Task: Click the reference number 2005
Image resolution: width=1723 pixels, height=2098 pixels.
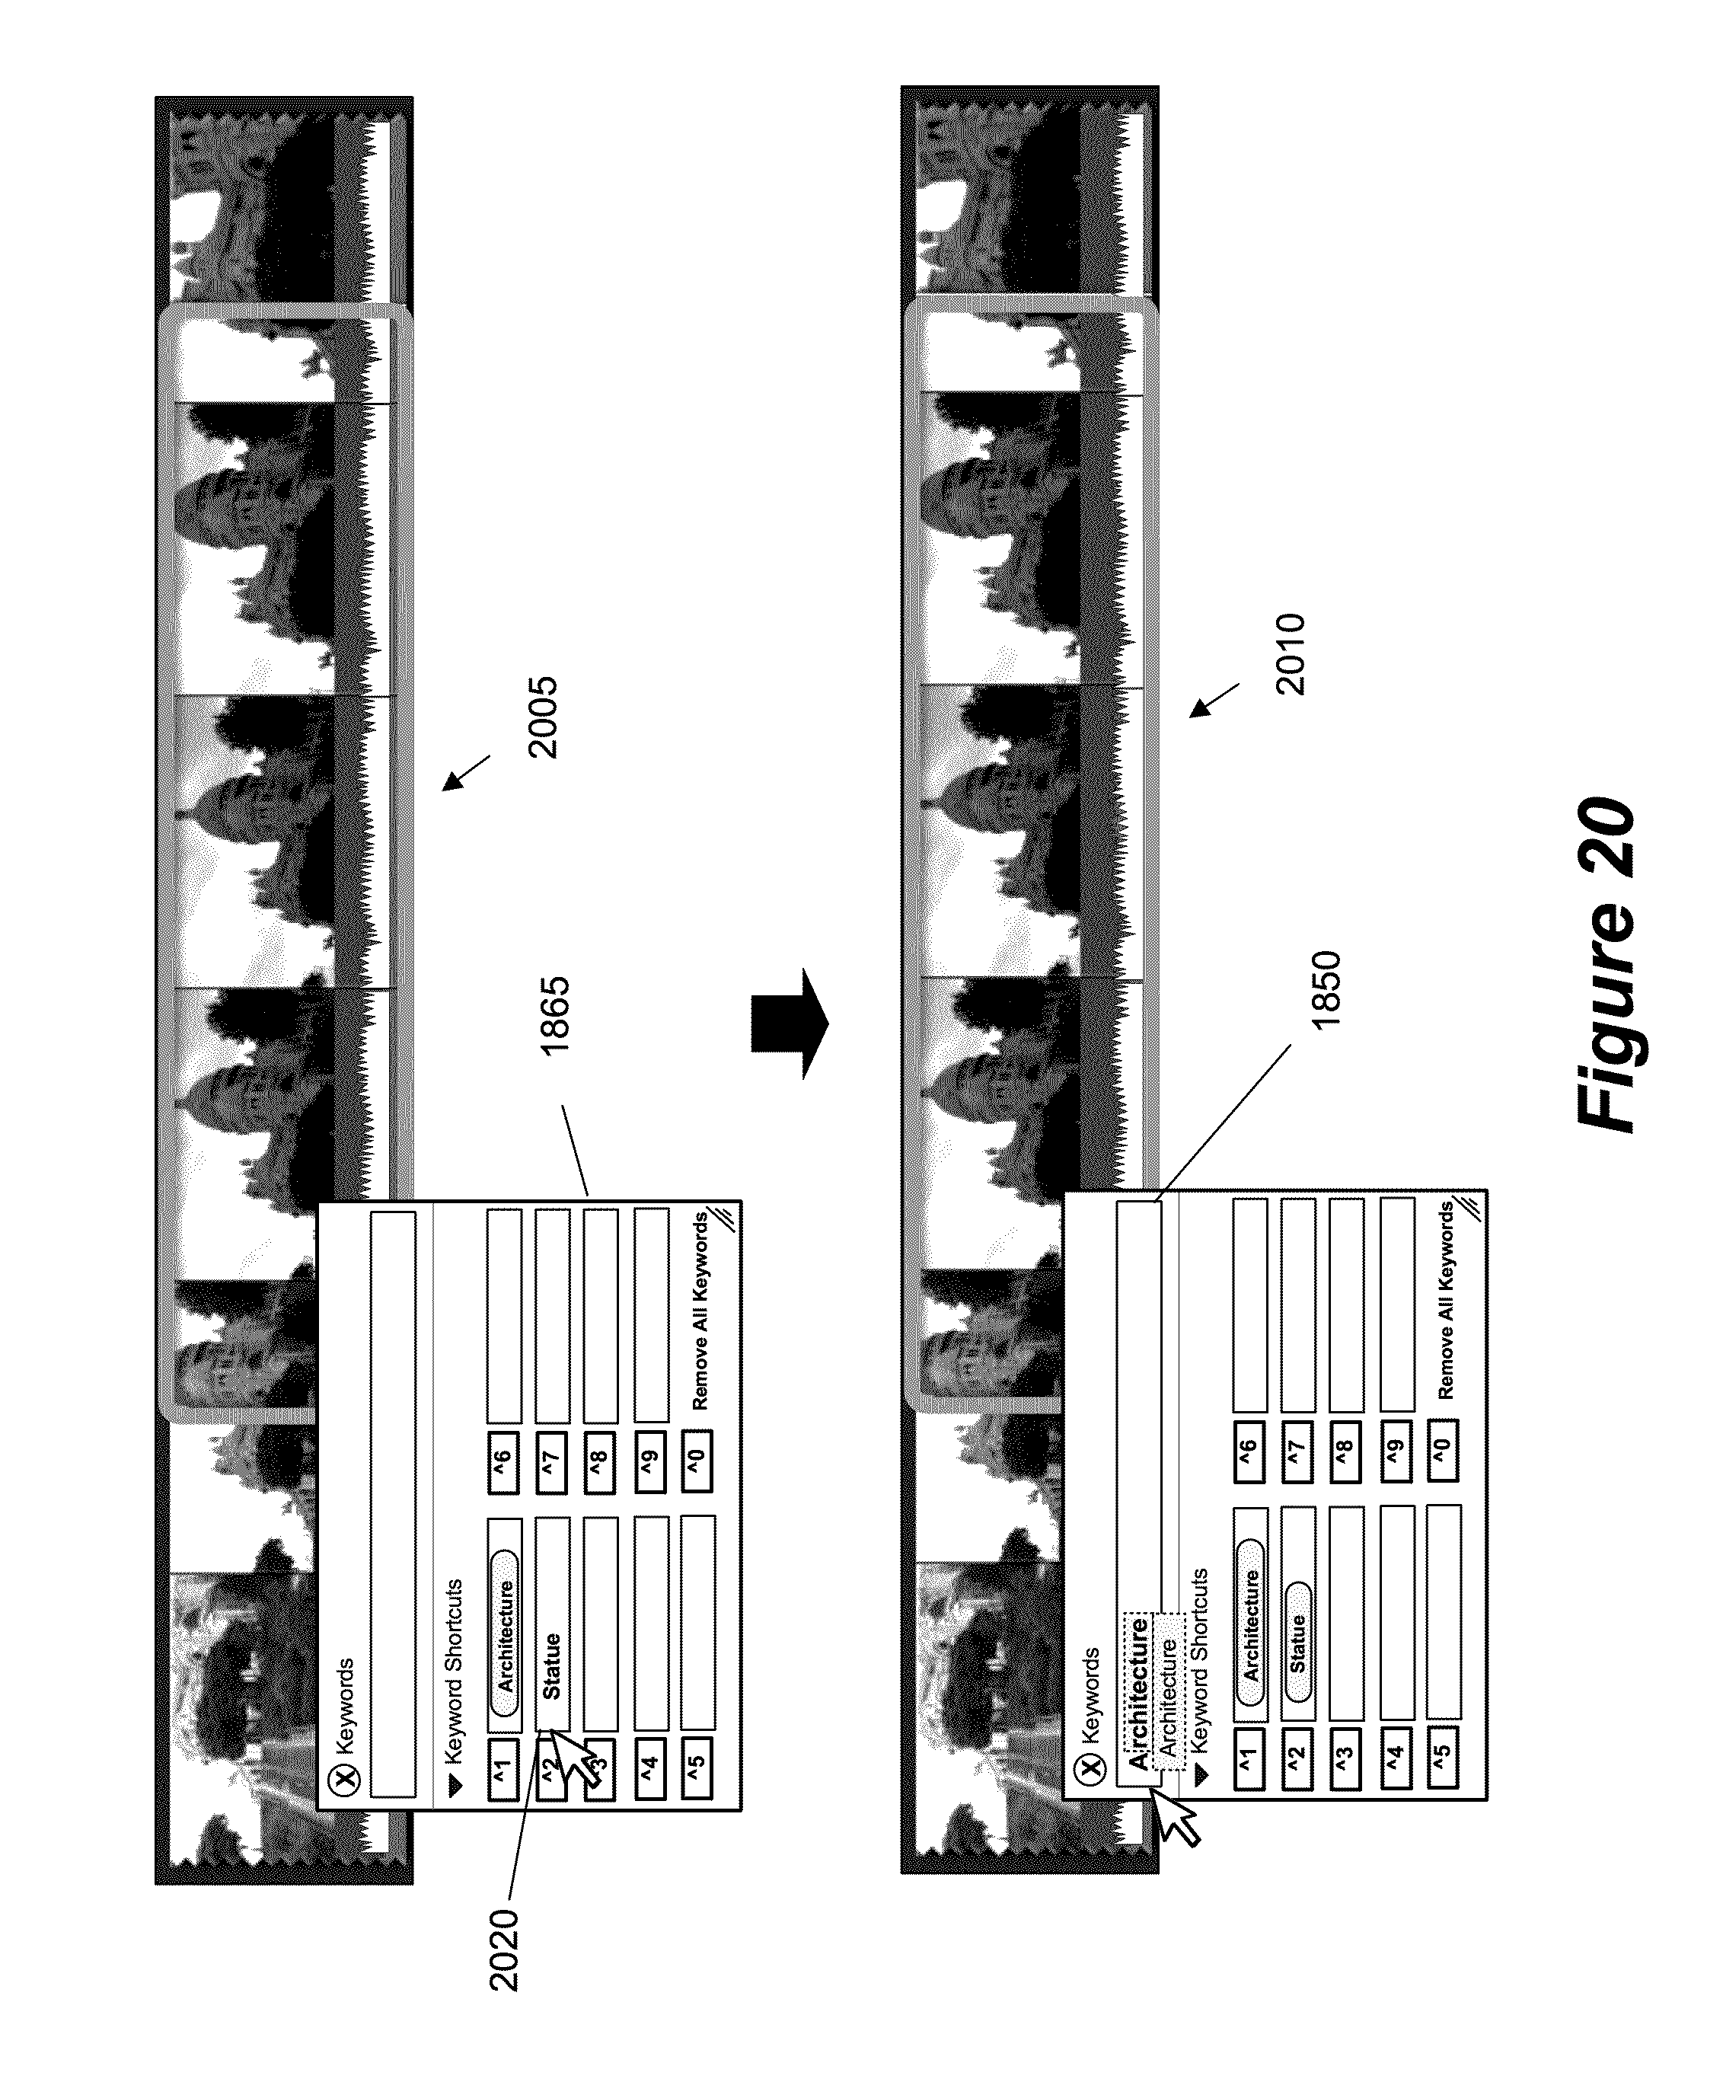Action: [x=543, y=717]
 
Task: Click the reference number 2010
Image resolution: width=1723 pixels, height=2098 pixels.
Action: [x=1291, y=654]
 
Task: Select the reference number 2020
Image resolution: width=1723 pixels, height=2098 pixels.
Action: [x=504, y=1948]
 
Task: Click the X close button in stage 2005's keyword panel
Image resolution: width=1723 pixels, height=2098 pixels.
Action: [x=346, y=1780]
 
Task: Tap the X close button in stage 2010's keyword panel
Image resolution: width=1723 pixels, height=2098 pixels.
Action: [x=1091, y=1767]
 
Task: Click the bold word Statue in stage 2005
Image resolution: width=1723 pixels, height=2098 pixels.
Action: [x=552, y=1666]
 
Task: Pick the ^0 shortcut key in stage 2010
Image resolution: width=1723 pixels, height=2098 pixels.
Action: [x=1443, y=1449]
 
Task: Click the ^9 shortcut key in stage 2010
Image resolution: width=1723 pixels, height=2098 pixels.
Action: [x=1396, y=1451]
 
